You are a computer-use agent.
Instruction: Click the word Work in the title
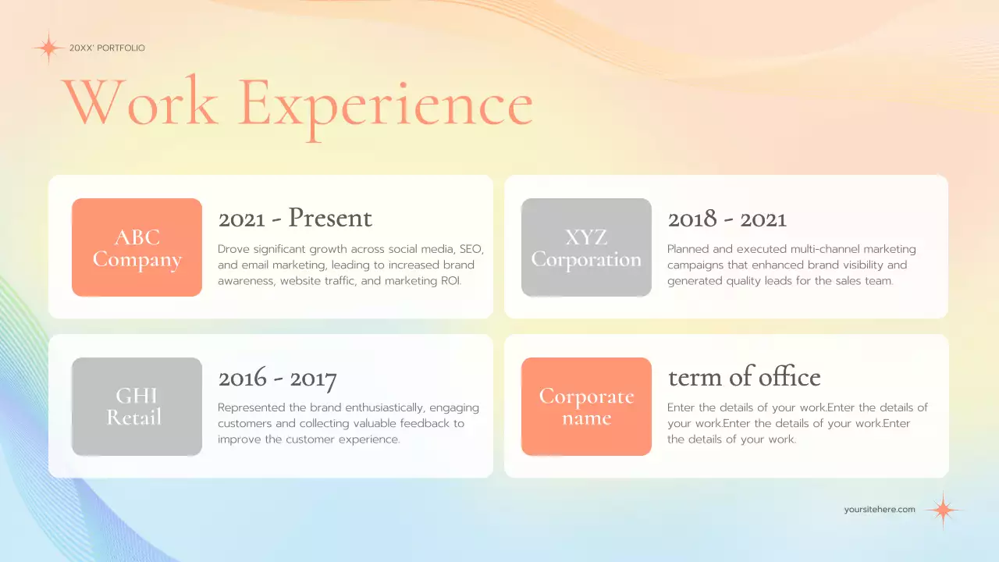pos(140,103)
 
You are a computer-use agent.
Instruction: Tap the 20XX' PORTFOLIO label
pos(107,48)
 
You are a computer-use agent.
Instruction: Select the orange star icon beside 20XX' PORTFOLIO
pos(48,48)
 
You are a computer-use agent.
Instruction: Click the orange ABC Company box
pos(137,247)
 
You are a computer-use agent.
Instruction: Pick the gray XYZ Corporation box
pos(586,247)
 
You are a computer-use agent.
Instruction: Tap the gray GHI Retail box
pos(137,407)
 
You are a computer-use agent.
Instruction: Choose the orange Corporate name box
pos(586,407)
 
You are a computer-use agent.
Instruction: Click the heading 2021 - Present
pos(295,219)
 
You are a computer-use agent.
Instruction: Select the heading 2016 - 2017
pos(277,379)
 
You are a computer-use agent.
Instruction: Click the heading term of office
pos(744,378)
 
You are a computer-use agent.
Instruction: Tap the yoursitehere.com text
pos(880,510)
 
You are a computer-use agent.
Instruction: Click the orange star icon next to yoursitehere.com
pos(943,510)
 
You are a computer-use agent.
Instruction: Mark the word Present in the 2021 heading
pos(330,219)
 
